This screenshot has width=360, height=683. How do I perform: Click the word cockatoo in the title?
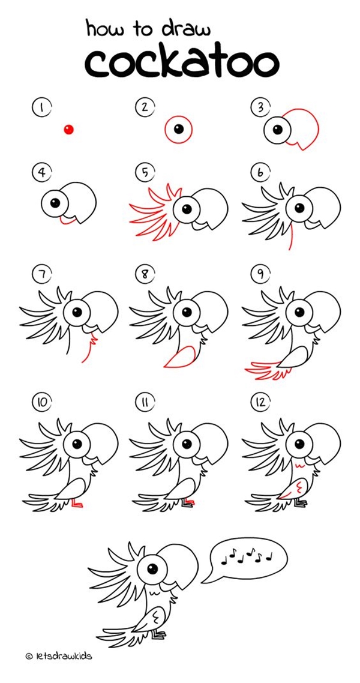181,61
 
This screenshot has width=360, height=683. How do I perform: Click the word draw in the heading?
184,28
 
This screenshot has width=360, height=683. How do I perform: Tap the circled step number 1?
41,108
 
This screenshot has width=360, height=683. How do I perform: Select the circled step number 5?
145,173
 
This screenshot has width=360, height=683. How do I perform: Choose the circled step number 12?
260,403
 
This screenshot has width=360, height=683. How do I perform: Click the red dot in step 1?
69,130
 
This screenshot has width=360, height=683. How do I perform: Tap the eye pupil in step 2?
179,128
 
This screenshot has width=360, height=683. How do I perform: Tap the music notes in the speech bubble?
247,557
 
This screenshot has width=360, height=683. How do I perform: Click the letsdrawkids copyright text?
58,657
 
